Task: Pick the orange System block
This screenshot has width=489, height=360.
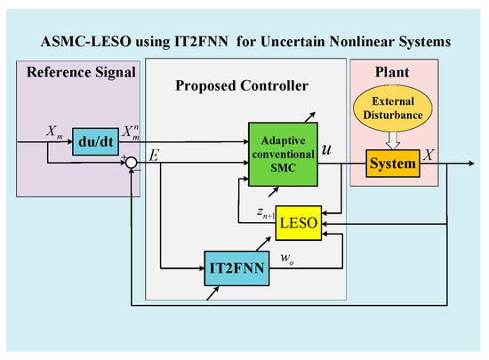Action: (391, 164)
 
